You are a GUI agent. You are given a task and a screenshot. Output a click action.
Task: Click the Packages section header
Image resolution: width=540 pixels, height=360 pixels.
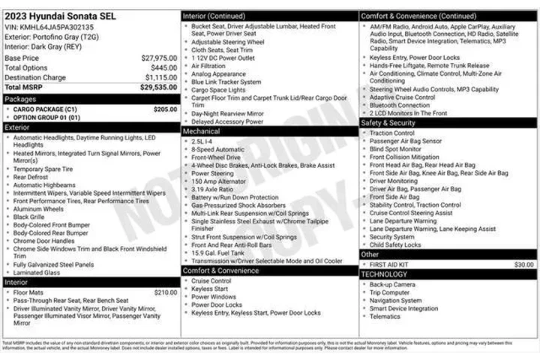20,98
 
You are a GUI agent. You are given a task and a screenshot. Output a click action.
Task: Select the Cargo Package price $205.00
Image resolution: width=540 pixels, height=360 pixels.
165,109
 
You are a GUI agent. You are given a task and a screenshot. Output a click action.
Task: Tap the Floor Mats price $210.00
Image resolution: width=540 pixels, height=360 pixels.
165,292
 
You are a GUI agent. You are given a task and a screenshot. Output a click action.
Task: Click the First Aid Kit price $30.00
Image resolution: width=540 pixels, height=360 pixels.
524,265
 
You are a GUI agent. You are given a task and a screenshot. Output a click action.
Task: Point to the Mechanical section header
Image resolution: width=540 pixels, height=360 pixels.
202,130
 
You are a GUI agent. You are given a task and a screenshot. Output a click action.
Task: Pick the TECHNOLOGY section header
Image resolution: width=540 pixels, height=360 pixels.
384,274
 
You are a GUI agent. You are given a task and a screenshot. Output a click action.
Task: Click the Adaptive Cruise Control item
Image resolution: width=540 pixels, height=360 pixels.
403,97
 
